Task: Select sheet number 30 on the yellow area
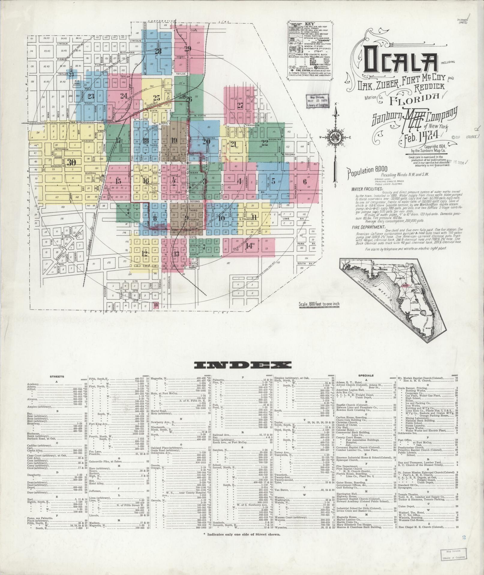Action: click(x=71, y=162)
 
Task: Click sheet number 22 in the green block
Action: click(x=264, y=142)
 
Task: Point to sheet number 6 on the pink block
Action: click(x=305, y=181)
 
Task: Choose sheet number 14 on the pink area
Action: click(x=249, y=246)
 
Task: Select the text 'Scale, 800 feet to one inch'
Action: click(x=319, y=304)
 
